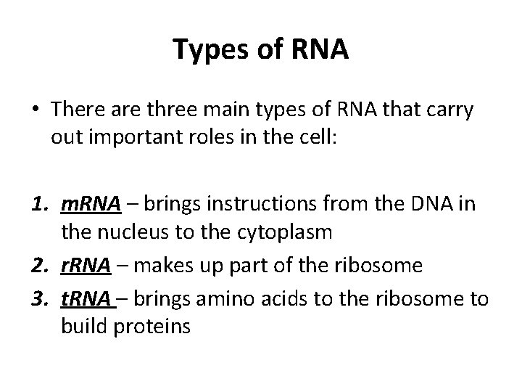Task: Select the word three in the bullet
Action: [x=184, y=110]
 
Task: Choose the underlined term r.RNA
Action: [x=83, y=266]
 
